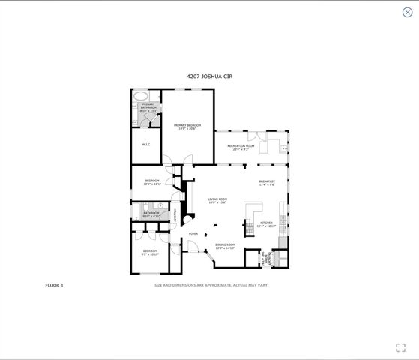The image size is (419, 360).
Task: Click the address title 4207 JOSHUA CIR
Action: click(x=209, y=75)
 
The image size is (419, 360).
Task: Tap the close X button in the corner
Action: click(x=407, y=12)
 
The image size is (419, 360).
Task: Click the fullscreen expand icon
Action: click(x=400, y=347)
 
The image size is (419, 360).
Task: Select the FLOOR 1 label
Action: click(x=55, y=285)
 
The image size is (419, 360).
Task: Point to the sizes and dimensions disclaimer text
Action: click(x=211, y=285)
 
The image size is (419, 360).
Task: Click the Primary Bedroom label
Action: click(x=187, y=127)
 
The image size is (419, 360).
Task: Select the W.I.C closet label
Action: click(x=146, y=144)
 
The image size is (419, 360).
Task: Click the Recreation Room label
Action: click(x=241, y=147)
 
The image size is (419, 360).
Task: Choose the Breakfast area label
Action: click(x=267, y=183)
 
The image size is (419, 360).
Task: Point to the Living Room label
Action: click(x=217, y=200)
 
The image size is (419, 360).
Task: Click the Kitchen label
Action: click(x=266, y=224)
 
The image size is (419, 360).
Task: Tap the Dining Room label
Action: click(x=226, y=246)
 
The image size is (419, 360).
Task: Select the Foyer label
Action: click(x=193, y=234)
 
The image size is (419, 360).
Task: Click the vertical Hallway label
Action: click(x=175, y=214)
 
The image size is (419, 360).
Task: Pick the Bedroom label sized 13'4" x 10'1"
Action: click(x=152, y=182)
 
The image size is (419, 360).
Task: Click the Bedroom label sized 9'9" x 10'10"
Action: click(x=150, y=252)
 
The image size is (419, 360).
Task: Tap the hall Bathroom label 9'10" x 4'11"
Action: click(x=151, y=214)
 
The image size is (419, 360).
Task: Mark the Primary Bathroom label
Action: click(x=148, y=108)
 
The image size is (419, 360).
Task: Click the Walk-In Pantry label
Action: click(x=265, y=259)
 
